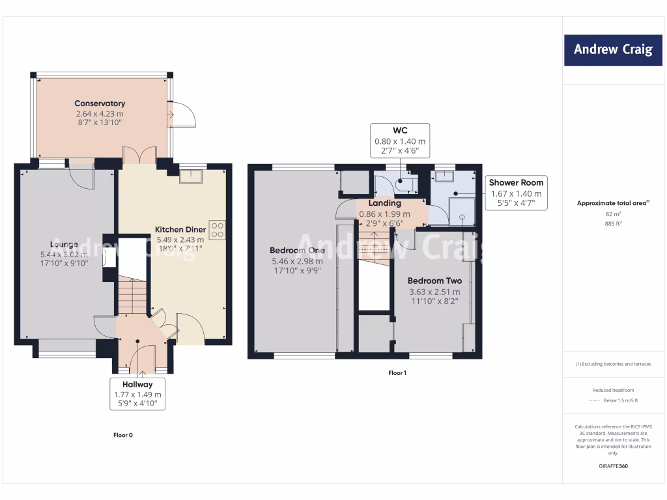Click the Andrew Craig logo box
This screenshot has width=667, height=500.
tap(613, 49)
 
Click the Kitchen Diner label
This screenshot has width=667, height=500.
tap(180, 230)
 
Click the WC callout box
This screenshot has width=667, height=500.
tap(400, 140)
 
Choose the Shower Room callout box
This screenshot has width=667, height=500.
tap(516, 193)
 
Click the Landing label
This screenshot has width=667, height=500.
tap(384, 204)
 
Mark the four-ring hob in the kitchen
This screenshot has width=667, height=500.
tap(217, 230)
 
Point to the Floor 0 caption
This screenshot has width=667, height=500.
tap(123, 435)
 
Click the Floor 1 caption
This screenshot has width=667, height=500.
tap(397, 373)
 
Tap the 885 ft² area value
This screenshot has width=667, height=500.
tap(613, 223)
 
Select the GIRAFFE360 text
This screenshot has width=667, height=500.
tap(613, 466)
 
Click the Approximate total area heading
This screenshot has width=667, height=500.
tap(613, 203)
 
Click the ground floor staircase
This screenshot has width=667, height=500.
tap(134, 295)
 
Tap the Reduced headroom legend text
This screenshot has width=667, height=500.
tap(613, 390)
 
